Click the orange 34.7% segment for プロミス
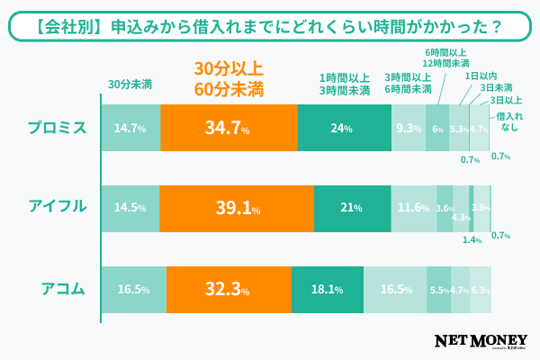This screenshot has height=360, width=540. pos(229,128)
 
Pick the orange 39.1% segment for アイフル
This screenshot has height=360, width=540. pos(236,208)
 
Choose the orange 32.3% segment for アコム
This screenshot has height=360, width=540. pos(228,290)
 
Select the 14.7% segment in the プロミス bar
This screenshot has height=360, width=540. pos(130,128)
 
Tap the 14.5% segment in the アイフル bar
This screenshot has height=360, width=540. pos(130,208)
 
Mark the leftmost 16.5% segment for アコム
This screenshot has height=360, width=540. pos(133,290)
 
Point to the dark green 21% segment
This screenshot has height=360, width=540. pos(352,208)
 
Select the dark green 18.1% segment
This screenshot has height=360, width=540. pos(327,290)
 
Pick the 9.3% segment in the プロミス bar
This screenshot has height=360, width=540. pos(409,128)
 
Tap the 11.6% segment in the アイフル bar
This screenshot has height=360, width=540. pos(414,208)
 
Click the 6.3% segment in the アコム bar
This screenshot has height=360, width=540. pos(481,290)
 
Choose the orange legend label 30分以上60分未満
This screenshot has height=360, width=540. pos(229,78)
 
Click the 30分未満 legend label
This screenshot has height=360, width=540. pos(130,85)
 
